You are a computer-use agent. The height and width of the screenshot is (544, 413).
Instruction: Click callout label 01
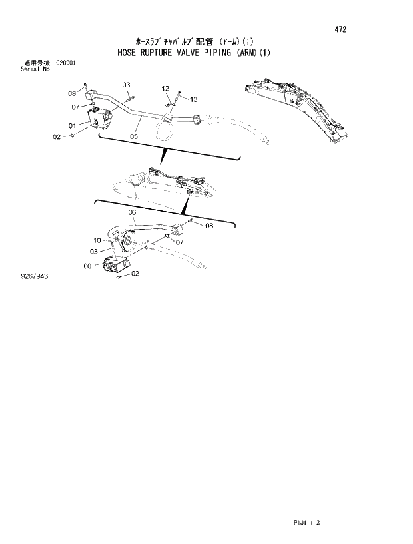point(71,125)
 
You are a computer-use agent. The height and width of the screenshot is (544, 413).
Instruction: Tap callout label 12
point(165,89)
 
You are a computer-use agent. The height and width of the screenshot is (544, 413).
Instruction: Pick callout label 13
point(193,99)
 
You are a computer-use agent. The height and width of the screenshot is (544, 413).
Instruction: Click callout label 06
point(132,212)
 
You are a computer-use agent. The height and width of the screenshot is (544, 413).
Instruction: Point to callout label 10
point(97,240)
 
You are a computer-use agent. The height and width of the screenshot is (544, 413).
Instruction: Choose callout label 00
point(87,266)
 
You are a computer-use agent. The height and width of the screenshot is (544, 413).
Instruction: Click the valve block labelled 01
point(100,119)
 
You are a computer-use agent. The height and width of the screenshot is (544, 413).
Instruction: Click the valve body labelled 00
point(114,265)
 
